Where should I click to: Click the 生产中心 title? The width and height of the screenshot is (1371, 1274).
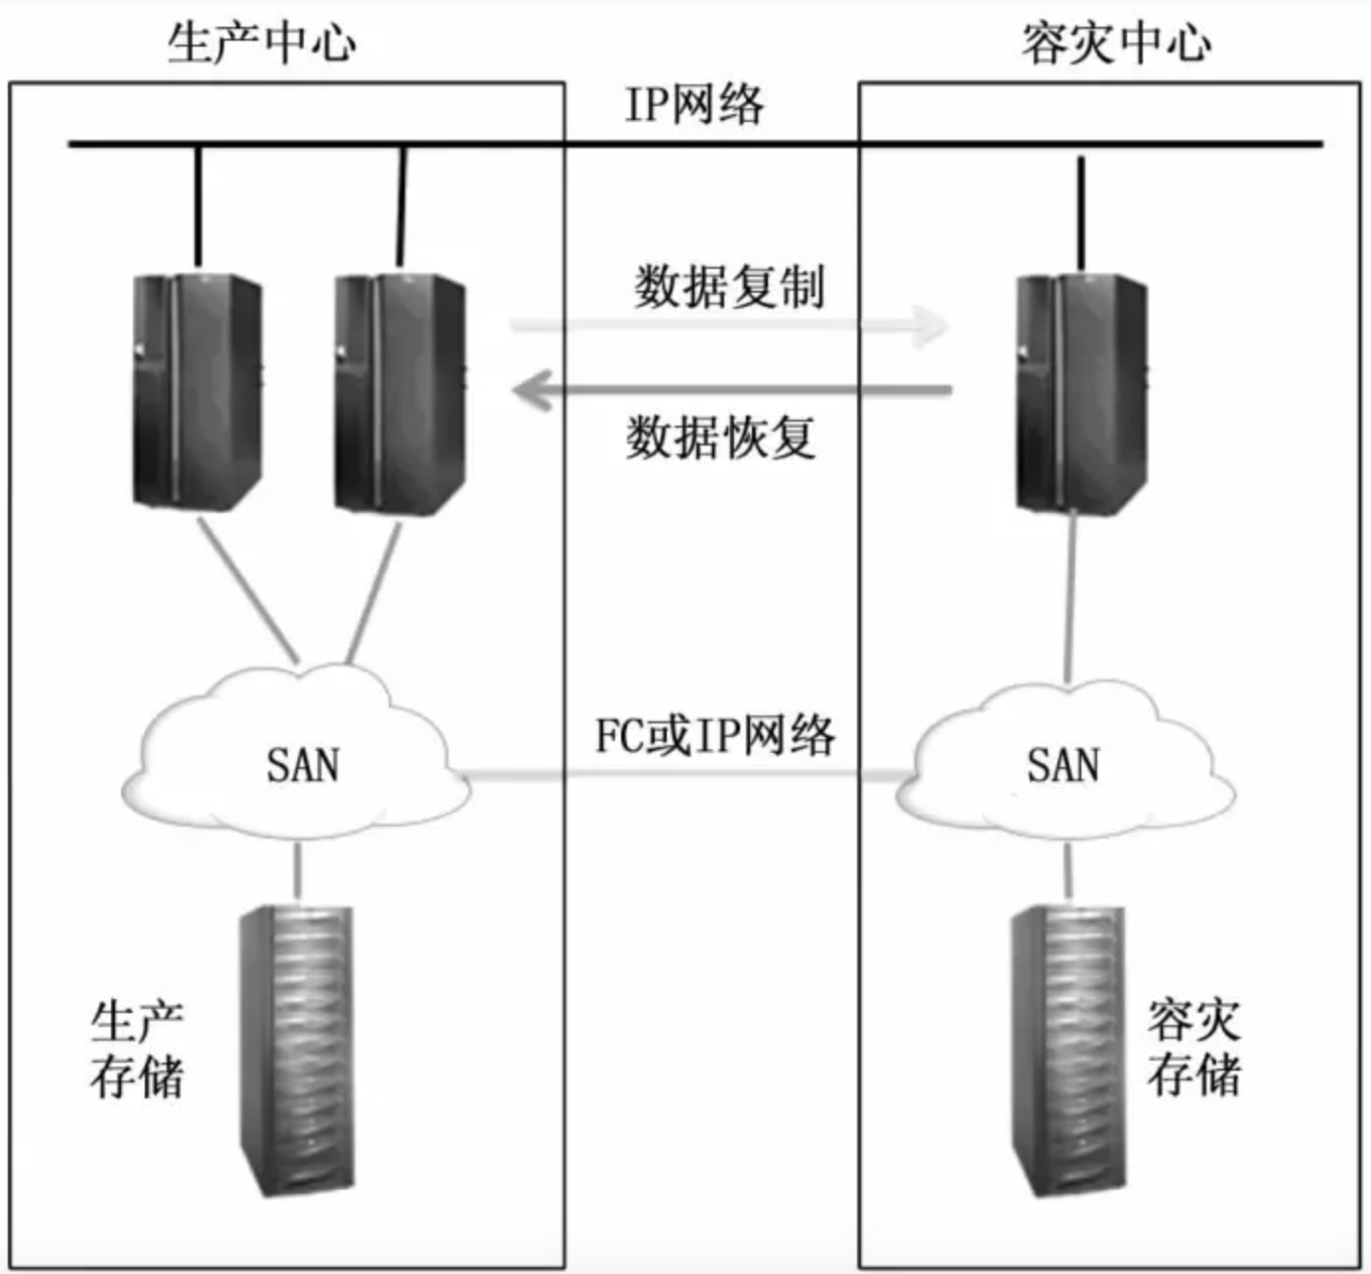(262, 44)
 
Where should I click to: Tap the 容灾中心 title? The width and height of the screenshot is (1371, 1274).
(1116, 44)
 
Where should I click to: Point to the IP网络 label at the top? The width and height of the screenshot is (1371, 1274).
(693, 105)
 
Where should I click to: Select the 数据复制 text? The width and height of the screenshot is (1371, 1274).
(729, 287)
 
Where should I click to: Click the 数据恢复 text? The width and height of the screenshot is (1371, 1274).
(721, 437)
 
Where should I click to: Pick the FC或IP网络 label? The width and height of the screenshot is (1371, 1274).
(714, 735)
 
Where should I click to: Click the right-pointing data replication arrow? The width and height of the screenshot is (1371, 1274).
(729, 325)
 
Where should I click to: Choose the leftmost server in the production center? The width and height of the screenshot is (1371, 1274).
(196, 392)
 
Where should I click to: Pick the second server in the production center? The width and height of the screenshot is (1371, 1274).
(399, 394)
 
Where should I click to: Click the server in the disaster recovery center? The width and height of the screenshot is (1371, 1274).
(1081, 394)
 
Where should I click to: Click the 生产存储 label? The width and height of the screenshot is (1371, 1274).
(137, 1050)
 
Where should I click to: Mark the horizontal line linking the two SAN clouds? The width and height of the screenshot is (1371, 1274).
(685, 773)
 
